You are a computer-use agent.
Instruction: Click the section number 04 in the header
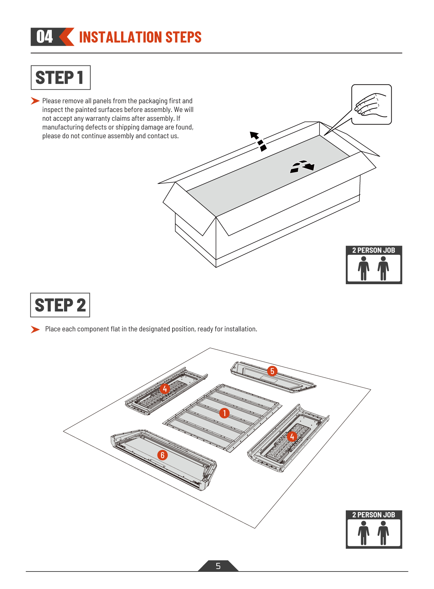[44, 36]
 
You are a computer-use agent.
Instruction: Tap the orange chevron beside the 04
[66, 37]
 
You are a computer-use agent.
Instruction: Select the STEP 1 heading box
[61, 78]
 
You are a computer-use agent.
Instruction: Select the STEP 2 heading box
[60, 305]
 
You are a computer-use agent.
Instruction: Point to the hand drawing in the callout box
[371, 105]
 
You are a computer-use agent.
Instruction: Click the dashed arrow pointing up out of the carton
[258, 141]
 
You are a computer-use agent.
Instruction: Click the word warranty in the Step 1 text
[98, 119]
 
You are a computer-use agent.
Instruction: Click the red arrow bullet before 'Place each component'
[35, 329]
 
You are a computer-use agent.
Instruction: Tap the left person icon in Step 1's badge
[364, 268]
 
